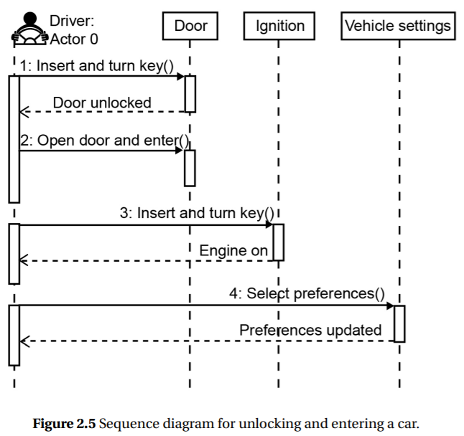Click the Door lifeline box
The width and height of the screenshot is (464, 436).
190,27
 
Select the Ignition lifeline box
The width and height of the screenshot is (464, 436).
279,27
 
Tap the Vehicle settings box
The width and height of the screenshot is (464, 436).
398,27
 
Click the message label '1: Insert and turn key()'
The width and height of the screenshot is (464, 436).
97,66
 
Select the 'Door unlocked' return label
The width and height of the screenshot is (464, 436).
102,103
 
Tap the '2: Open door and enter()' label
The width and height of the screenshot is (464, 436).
104,141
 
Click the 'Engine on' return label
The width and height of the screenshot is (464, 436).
233,250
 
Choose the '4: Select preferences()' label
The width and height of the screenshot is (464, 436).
307,293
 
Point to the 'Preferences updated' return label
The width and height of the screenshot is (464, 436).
310,330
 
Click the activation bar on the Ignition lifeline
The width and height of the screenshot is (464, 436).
279,242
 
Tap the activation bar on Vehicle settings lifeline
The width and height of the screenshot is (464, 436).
399,323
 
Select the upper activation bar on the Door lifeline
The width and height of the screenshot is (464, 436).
190,94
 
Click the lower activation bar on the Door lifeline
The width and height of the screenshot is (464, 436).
190,167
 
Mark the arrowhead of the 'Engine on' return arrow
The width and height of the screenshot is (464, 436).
23,260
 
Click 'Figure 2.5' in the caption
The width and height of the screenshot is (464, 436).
65,423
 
